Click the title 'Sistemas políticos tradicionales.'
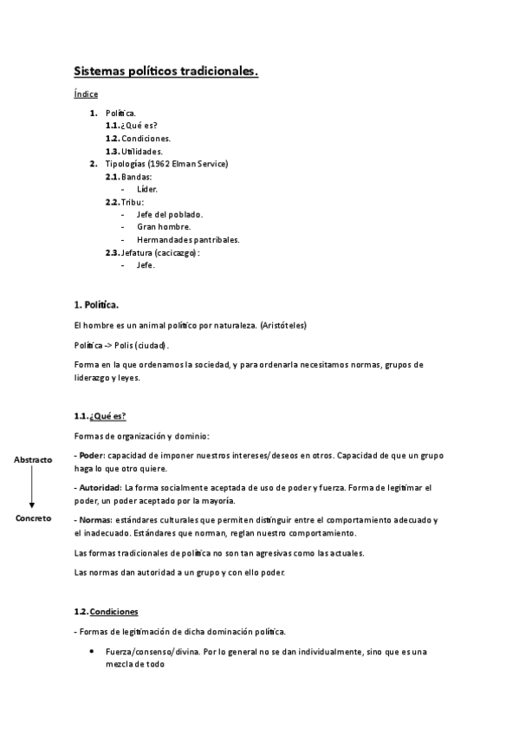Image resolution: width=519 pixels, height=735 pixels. point(165,72)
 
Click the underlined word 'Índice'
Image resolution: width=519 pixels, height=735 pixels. point(86,94)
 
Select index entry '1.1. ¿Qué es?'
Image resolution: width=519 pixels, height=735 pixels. point(131,126)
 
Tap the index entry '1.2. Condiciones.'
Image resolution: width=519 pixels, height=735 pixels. point(138,138)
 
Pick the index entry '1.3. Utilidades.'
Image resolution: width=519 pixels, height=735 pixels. point(133,151)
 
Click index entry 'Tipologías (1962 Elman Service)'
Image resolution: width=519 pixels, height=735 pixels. point(166,164)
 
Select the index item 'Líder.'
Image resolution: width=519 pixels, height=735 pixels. point(147,189)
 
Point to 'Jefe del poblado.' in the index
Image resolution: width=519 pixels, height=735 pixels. point(170,214)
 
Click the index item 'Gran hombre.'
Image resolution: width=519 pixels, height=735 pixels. point(163,226)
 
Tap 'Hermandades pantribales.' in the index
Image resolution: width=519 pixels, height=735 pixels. point(188,239)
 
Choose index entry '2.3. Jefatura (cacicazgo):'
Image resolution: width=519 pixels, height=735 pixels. point(152,252)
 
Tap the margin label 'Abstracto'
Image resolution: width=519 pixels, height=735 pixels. point(33,459)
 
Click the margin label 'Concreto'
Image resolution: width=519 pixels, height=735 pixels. point(33,517)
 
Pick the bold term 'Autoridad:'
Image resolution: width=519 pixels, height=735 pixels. point(100,488)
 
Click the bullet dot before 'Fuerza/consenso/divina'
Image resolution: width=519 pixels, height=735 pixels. point(93,651)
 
